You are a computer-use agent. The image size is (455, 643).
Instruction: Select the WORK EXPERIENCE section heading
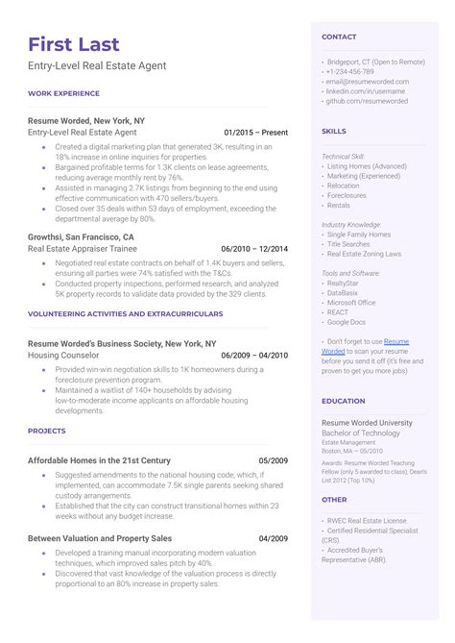tap(63, 93)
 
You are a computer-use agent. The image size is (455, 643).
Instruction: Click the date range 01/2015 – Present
tap(255, 132)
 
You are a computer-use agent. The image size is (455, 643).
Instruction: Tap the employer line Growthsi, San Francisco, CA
tap(81, 236)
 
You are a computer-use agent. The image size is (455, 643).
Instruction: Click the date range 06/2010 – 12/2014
tap(254, 248)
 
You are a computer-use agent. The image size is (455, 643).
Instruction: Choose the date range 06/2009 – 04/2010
tap(254, 355)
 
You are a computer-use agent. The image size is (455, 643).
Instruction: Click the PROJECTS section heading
tap(47, 432)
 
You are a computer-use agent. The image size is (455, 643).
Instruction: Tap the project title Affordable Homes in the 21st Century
tap(99, 460)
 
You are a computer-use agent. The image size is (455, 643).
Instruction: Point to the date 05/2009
tap(273, 460)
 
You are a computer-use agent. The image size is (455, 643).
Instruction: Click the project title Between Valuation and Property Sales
tap(100, 538)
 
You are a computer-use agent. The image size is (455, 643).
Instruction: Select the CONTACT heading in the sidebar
tap(339, 37)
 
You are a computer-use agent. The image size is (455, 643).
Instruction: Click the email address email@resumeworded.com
tap(374, 82)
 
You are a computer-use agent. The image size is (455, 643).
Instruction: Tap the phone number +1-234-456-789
tap(350, 72)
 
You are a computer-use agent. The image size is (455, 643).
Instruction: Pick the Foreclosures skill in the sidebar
tap(347, 195)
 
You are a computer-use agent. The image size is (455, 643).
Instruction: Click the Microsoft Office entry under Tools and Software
tap(351, 303)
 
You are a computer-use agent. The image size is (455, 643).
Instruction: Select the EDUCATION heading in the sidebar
tap(343, 401)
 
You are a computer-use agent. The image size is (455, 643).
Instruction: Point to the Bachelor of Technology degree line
tap(364, 434)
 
